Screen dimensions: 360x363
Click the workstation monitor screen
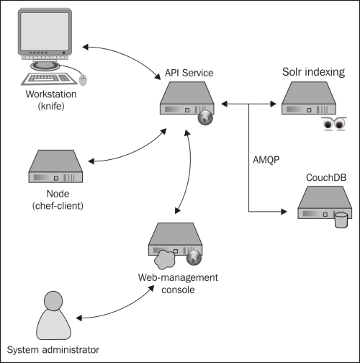coord(45,32)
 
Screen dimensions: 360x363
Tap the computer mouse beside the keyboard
coord(83,80)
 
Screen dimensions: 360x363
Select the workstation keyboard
coord(49,79)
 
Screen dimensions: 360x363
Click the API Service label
coord(189,73)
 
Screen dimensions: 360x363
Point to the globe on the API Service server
coord(205,118)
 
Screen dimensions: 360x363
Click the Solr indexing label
coord(313,72)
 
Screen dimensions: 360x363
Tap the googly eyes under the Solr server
coord(334,124)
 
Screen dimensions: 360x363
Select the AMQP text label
coord(266,160)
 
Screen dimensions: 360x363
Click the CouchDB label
coord(326,178)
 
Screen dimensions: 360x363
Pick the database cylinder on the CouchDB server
coord(341,220)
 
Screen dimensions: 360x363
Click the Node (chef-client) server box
coord(55,166)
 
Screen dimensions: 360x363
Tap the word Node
coord(58,194)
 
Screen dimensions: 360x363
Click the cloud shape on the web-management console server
coord(164,259)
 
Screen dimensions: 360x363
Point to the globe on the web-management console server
coord(194,258)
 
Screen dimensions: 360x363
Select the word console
coord(178,290)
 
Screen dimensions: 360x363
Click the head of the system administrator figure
coord(53,301)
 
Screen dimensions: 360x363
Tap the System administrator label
coord(53,350)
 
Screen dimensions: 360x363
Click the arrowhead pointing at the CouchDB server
coord(284,212)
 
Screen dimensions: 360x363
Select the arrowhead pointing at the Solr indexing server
coord(274,104)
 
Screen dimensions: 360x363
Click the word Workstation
coord(51,94)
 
